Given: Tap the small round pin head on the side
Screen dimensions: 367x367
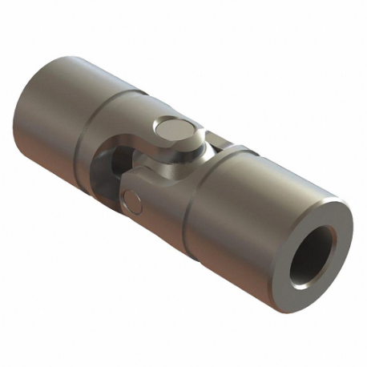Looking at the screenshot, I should click(133, 201).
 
